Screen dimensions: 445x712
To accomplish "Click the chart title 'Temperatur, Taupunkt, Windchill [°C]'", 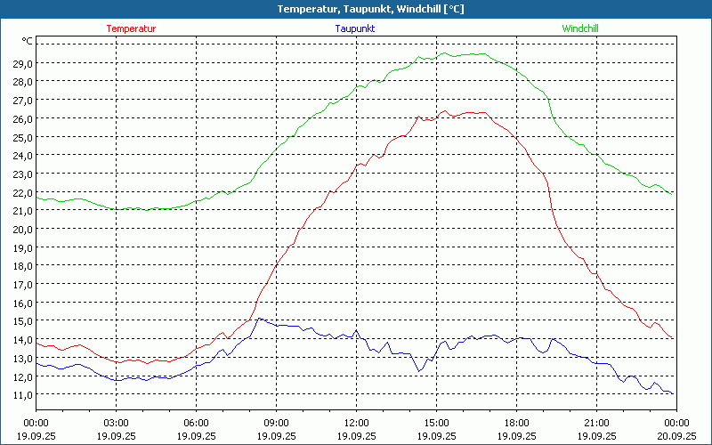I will tap(357, 9).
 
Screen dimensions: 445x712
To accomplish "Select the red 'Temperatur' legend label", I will tap(131, 28).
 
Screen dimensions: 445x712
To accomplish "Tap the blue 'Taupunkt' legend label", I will tap(355, 28).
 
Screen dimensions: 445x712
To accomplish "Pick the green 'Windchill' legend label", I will tap(580, 28).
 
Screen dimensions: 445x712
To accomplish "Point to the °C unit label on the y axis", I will tap(28, 41).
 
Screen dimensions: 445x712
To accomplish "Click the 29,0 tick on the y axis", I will tap(22, 63).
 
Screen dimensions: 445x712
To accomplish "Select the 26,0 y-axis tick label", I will tap(22, 118).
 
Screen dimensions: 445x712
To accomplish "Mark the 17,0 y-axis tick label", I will tap(22, 284).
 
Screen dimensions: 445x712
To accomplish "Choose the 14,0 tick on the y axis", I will tap(22, 339).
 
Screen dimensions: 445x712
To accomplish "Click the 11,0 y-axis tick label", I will tap(22, 394).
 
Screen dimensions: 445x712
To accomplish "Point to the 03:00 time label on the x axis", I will tap(117, 422).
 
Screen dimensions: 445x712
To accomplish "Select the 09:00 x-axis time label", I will tap(277, 422).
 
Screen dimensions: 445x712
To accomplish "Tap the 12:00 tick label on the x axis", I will tap(356, 422).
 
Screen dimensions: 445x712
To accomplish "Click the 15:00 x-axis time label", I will tap(436, 422).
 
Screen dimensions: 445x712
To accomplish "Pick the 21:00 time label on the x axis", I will tap(596, 422).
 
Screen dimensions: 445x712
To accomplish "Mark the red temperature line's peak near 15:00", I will tap(443, 111).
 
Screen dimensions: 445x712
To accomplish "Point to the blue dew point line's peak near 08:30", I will tap(259, 318).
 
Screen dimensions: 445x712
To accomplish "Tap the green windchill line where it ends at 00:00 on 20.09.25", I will tap(674, 194).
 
